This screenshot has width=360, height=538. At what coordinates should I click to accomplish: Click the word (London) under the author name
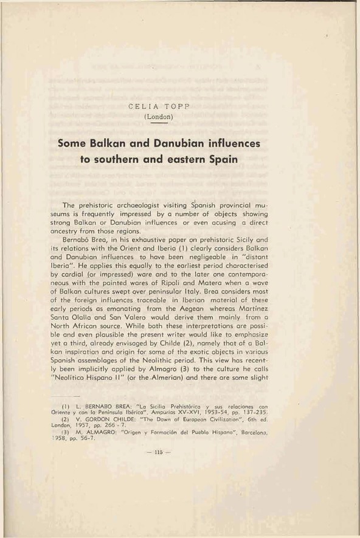pyautogui.click(x=157, y=116)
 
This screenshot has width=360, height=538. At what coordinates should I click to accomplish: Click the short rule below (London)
pyautogui.click(x=157, y=122)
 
